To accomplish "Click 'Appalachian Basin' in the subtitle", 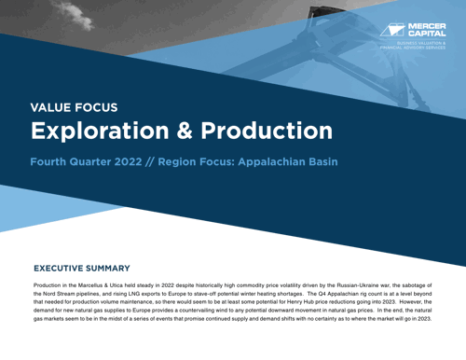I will [x=285, y=161].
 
